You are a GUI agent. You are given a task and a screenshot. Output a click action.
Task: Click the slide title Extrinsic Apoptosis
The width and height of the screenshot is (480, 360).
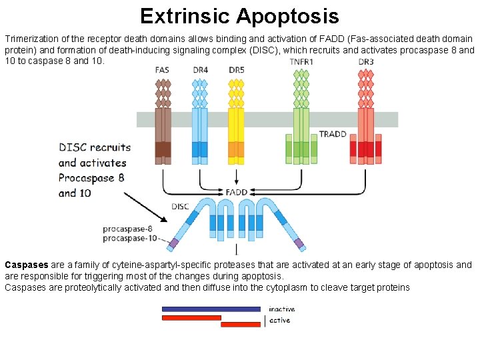(x=239, y=15)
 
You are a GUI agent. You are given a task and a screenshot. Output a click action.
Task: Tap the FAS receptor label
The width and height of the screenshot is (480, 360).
(x=162, y=70)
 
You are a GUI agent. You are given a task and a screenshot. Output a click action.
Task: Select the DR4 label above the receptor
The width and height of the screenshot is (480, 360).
(x=199, y=70)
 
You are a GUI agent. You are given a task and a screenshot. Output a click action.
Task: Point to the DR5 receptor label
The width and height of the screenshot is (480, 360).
(x=237, y=70)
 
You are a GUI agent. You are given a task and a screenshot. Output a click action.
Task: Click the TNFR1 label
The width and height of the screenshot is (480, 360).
(x=302, y=62)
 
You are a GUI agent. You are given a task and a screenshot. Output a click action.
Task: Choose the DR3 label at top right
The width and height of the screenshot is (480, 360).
(x=365, y=62)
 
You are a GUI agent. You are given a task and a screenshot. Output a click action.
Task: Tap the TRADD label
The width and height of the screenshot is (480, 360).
(x=333, y=134)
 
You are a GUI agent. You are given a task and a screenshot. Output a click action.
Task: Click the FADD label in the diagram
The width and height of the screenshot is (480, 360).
(x=237, y=192)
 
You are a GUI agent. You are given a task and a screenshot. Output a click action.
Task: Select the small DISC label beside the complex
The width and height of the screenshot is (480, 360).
(x=180, y=207)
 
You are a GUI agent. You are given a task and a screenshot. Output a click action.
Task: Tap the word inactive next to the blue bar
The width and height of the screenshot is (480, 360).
(x=281, y=309)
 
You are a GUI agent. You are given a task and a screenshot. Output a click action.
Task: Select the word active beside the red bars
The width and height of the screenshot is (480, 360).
(x=279, y=321)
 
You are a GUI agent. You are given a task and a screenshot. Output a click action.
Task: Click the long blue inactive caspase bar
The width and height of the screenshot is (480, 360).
(x=211, y=309)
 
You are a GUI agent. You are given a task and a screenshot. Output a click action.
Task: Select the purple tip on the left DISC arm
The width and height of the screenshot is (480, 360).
(x=174, y=243)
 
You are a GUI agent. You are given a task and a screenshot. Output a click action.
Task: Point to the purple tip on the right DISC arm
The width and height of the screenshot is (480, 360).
(x=299, y=243)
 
